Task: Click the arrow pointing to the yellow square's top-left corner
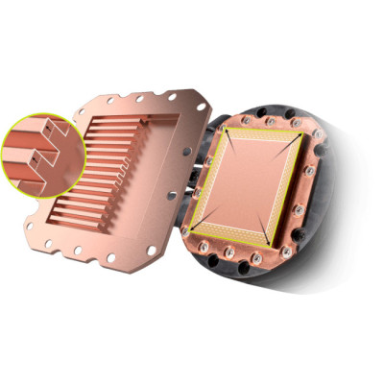[229, 135]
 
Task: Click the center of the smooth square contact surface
[251, 182]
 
